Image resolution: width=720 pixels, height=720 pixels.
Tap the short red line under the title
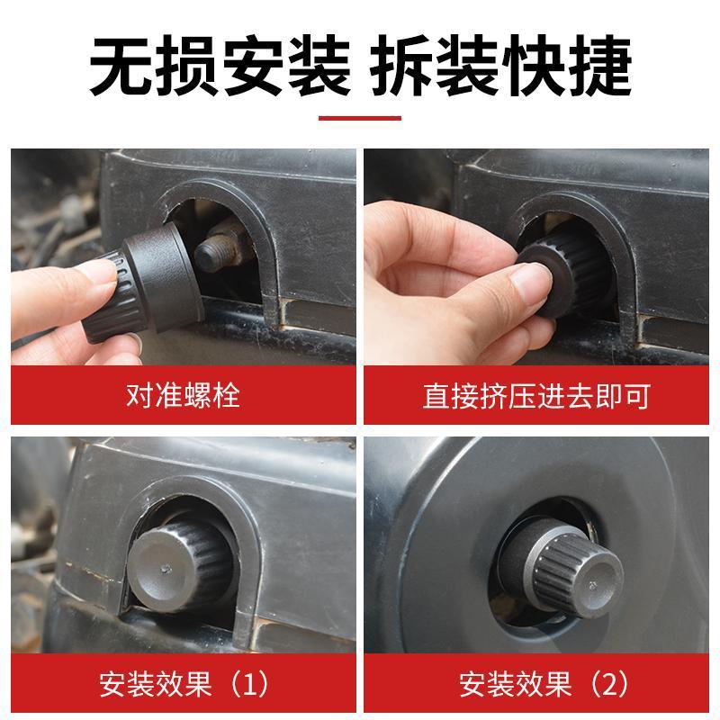[360, 116]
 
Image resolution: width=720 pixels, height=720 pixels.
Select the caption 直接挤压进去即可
[535, 394]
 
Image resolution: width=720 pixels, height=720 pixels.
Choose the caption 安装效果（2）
[535, 685]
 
